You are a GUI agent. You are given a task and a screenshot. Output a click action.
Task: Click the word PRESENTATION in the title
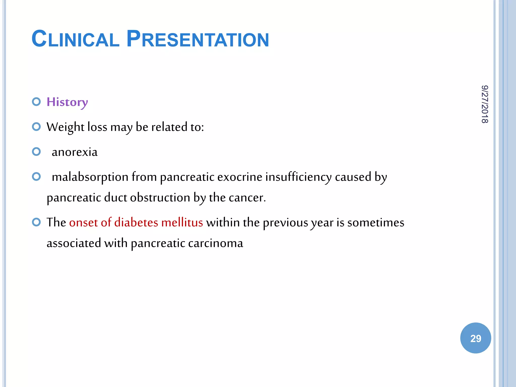tap(198, 39)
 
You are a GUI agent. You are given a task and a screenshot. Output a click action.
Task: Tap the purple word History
tap(67, 102)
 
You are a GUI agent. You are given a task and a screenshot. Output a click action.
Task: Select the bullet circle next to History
tap(37, 102)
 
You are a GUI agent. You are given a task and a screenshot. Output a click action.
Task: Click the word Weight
tap(65, 127)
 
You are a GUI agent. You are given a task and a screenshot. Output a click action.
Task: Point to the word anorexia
tap(75, 152)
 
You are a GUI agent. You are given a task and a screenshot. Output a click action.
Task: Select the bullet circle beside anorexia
tap(37, 152)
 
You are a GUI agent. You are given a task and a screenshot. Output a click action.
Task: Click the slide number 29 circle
tap(475, 338)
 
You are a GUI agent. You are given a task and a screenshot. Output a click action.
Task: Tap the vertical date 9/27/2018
tap(485, 104)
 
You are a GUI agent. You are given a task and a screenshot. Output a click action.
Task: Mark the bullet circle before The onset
tap(37, 222)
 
